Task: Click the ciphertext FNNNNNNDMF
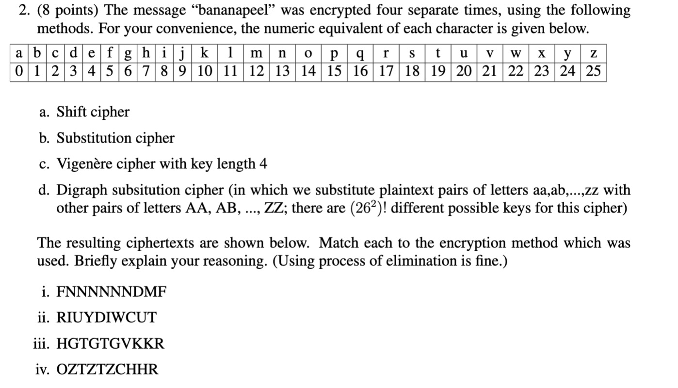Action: click(112, 292)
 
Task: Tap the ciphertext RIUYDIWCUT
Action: click(107, 318)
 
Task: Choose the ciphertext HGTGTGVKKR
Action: click(111, 344)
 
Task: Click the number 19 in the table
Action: click(438, 72)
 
